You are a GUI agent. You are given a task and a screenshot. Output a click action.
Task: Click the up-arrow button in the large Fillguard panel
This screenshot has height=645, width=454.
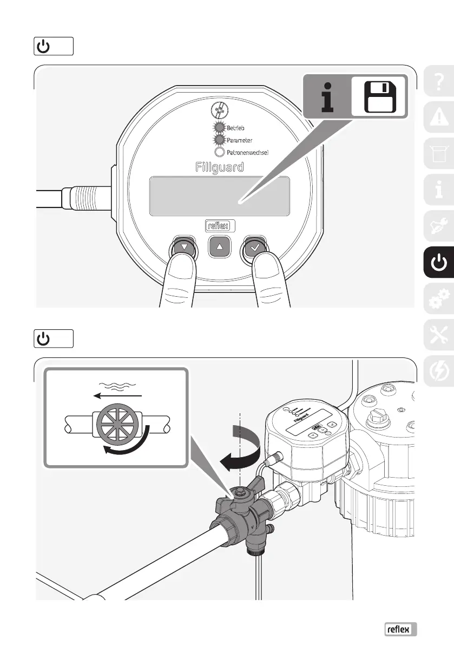[220, 246]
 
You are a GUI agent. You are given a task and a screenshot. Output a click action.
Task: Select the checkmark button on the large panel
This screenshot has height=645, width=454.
[255, 247]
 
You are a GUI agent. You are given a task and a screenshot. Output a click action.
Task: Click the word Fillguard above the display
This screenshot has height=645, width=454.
[219, 167]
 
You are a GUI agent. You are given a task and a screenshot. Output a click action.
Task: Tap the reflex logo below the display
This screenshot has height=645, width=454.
[220, 226]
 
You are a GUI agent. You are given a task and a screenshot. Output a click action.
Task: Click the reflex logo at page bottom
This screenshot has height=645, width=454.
[401, 629]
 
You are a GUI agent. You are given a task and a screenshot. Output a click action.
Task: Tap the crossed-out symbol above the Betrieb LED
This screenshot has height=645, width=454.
[220, 111]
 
